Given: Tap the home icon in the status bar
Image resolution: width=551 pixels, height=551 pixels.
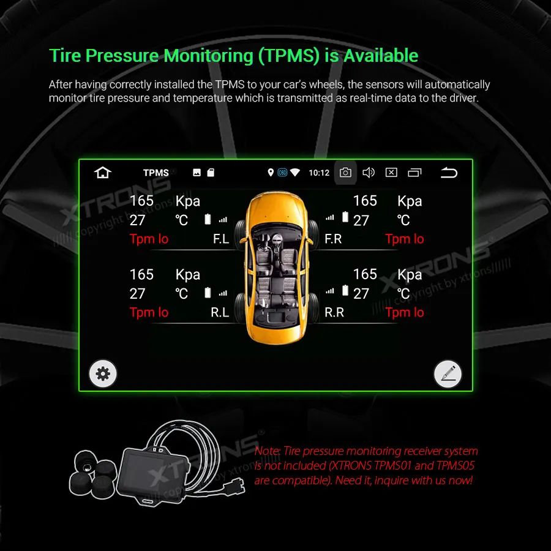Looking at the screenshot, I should [x=103, y=173].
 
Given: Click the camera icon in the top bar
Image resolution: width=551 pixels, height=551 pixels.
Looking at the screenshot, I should [x=345, y=173].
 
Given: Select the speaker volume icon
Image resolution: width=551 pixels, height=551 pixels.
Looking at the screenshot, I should [x=369, y=173].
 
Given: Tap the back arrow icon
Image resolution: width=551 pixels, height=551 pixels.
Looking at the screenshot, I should [x=449, y=173].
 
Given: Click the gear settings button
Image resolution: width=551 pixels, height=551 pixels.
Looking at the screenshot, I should [x=103, y=373].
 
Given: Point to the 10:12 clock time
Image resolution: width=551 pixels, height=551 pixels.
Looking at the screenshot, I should [x=319, y=173].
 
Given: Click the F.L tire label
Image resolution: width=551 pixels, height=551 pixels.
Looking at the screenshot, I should [x=221, y=239].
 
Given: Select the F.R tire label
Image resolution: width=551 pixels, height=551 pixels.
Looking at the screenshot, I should [x=333, y=239].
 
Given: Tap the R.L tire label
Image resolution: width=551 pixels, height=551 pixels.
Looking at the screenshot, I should [x=220, y=312].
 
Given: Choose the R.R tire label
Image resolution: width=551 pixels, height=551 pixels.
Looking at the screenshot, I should [x=334, y=312].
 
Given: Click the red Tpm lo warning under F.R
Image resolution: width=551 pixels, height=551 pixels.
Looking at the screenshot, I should [x=405, y=239].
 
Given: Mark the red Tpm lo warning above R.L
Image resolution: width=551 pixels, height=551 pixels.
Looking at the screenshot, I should [x=149, y=312].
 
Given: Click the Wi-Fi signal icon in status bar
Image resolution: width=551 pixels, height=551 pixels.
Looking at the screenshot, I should [x=295, y=173].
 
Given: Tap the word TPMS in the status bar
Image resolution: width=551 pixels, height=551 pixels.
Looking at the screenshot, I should [x=156, y=173].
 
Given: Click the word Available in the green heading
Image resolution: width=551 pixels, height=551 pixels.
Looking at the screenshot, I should [x=380, y=56].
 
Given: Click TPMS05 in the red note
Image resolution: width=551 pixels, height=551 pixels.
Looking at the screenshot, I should [x=455, y=466].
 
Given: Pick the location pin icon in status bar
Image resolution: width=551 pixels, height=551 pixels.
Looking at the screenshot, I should [x=271, y=173].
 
